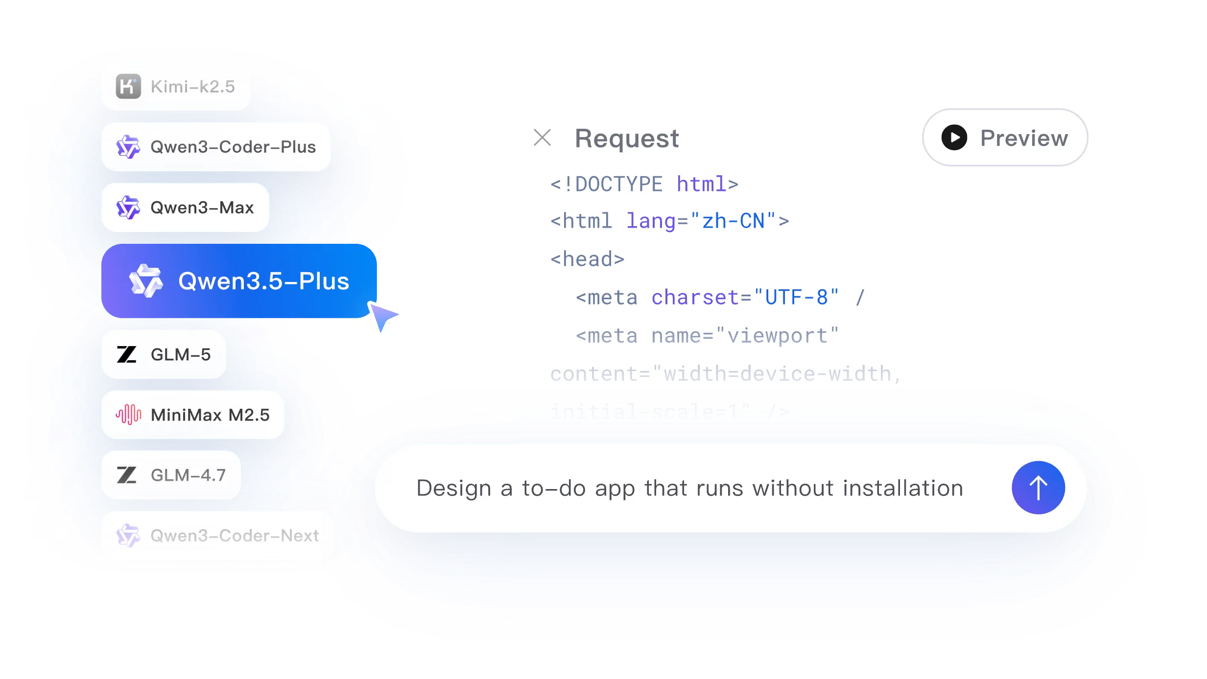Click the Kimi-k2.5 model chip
[176, 86]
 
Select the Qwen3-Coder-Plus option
[216, 147]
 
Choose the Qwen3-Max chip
[185, 208]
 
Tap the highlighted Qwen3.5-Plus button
[239, 281]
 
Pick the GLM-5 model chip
[164, 354]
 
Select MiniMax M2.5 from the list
[192, 415]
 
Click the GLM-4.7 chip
[171, 475]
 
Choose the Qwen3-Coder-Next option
[217, 536]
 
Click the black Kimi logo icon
[128, 87]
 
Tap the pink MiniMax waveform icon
[128, 415]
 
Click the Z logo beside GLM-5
[127, 354]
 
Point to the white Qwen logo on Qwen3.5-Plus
[145, 281]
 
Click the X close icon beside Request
[542, 138]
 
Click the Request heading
[627, 139]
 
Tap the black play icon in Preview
[954, 138]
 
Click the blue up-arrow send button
[1038, 488]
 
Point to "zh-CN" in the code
[733, 221]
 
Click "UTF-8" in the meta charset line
[796, 298]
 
